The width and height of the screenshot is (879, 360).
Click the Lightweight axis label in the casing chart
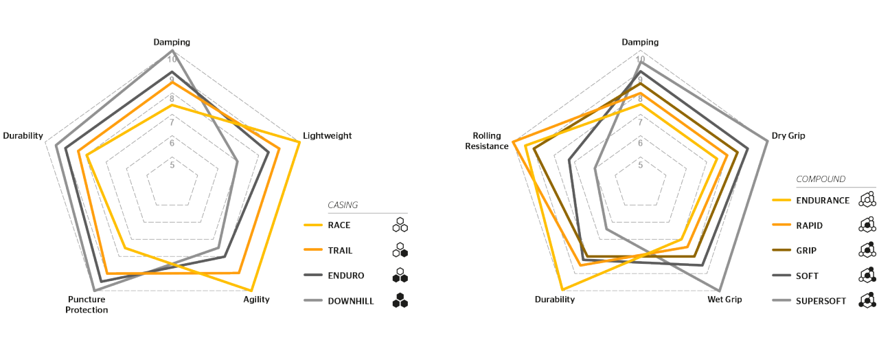point(328,135)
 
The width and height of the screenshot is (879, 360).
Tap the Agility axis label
point(256,299)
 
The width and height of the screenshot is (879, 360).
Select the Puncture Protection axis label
point(88,304)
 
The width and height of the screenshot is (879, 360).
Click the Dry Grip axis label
point(788,135)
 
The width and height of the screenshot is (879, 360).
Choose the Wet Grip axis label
point(724,299)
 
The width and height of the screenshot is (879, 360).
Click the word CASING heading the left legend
point(342,205)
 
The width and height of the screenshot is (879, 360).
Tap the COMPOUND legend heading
point(821,179)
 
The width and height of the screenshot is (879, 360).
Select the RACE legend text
point(339,225)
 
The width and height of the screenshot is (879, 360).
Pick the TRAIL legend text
point(340,250)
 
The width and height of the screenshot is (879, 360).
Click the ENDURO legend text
point(345,275)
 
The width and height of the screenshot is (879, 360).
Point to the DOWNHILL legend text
point(350,301)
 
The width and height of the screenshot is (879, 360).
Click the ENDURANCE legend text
point(823,201)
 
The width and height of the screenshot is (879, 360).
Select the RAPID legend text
point(810,225)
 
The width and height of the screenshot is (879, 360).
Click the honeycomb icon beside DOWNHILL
point(400,301)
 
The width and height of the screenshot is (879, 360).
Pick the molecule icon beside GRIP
point(867,250)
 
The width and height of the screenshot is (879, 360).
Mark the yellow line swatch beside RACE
point(312,225)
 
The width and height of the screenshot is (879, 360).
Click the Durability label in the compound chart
point(555,299)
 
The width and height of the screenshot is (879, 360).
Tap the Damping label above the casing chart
point(172,42)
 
